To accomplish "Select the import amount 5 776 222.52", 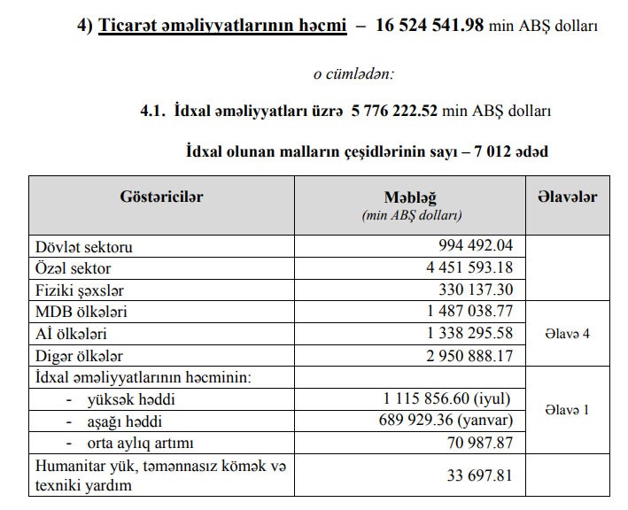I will point(394,112).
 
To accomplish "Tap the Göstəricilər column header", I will point(161,197).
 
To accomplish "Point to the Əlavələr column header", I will point(566,197).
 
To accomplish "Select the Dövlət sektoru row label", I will point(84,247).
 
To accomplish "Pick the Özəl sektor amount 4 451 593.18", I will point(469,267).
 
